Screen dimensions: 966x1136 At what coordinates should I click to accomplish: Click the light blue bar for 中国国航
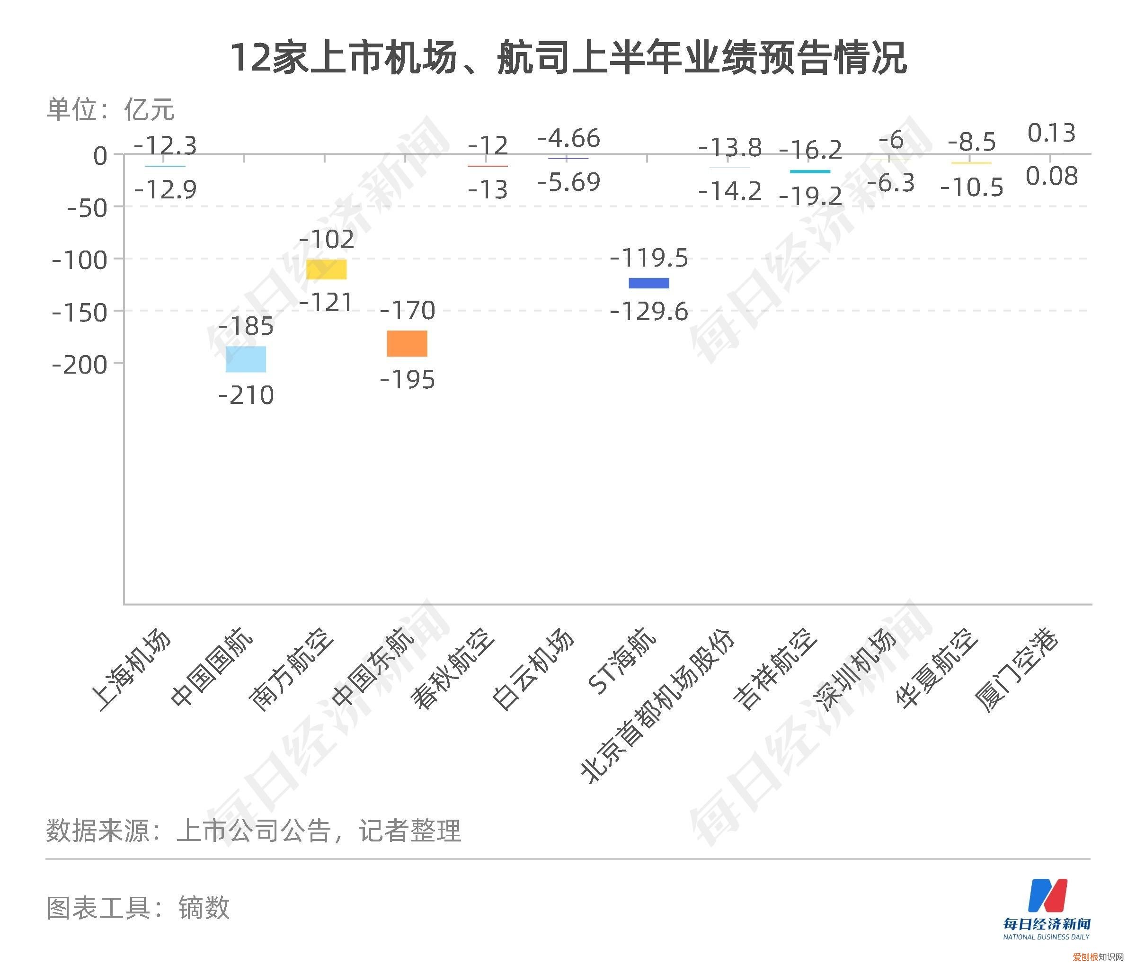point(246,359)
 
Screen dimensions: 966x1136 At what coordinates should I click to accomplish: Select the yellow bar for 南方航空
point(326,269)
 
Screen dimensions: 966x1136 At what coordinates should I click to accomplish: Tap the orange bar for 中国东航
point(407,343)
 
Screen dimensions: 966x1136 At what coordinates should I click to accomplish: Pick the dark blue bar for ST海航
point(649,283)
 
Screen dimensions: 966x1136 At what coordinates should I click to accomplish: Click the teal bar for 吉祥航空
point(810,171)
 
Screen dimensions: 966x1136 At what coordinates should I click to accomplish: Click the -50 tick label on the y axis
point(87,208)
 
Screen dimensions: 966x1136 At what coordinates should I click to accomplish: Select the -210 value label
point(246,395)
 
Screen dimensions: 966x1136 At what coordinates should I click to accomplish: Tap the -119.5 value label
point(649,258)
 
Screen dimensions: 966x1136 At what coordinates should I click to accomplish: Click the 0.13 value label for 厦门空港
point(1051,133)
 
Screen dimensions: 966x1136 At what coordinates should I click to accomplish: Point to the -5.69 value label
point(568,182)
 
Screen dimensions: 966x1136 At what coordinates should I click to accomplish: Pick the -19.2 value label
point(810,196)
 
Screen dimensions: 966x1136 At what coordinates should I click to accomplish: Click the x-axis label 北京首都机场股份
point(657,707)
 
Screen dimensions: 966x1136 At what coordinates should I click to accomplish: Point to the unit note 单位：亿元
point(110,109)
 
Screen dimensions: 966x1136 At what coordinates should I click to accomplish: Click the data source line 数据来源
point(254,831)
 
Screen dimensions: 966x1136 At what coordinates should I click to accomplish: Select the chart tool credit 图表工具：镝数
point(138,908)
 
